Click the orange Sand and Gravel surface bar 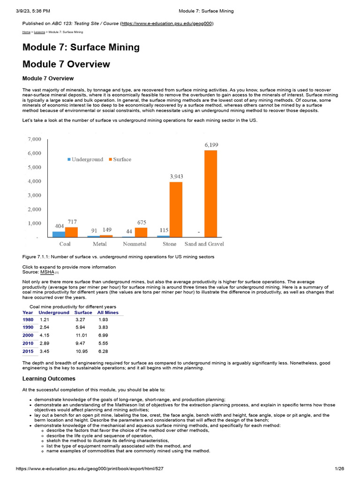[x=210, y=193]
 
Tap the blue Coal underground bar [x=59, y=234]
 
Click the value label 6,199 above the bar [x=211, y=145]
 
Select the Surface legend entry [x=120, y=159]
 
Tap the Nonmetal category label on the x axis [x=135, y=244]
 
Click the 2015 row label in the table [x=28, y=351]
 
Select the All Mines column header [x=108, y=313]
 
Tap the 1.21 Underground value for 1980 [x=45, y=320]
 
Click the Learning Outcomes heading [x=49, y=379]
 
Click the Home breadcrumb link [x=26, y=32]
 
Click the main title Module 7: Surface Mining [x=81, y=47]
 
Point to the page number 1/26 [x=340, y=469]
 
